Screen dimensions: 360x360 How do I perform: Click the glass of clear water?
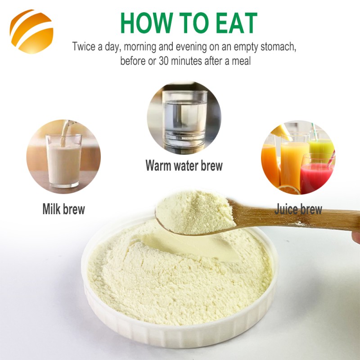point(184,121)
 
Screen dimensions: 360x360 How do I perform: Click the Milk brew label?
point(63,209)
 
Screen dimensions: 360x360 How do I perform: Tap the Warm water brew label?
point(184,165)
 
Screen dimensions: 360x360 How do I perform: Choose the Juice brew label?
point(298,209)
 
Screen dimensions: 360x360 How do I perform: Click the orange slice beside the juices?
point(288,189)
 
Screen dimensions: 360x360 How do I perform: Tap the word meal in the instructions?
point(241,61)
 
